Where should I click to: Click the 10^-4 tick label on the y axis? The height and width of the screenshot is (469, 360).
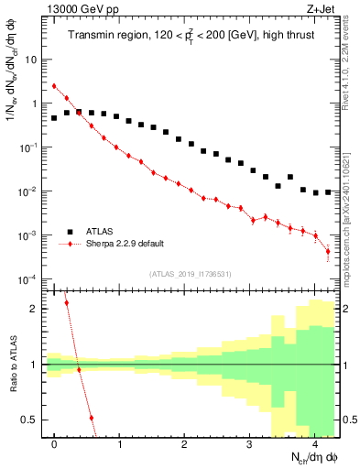27,279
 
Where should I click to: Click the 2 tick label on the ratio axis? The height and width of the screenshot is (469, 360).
34,309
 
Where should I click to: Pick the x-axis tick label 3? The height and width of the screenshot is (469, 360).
250,444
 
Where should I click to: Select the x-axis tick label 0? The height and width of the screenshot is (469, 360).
55,444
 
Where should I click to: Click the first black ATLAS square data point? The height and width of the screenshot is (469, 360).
54,118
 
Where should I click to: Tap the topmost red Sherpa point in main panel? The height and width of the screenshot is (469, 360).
54,86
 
